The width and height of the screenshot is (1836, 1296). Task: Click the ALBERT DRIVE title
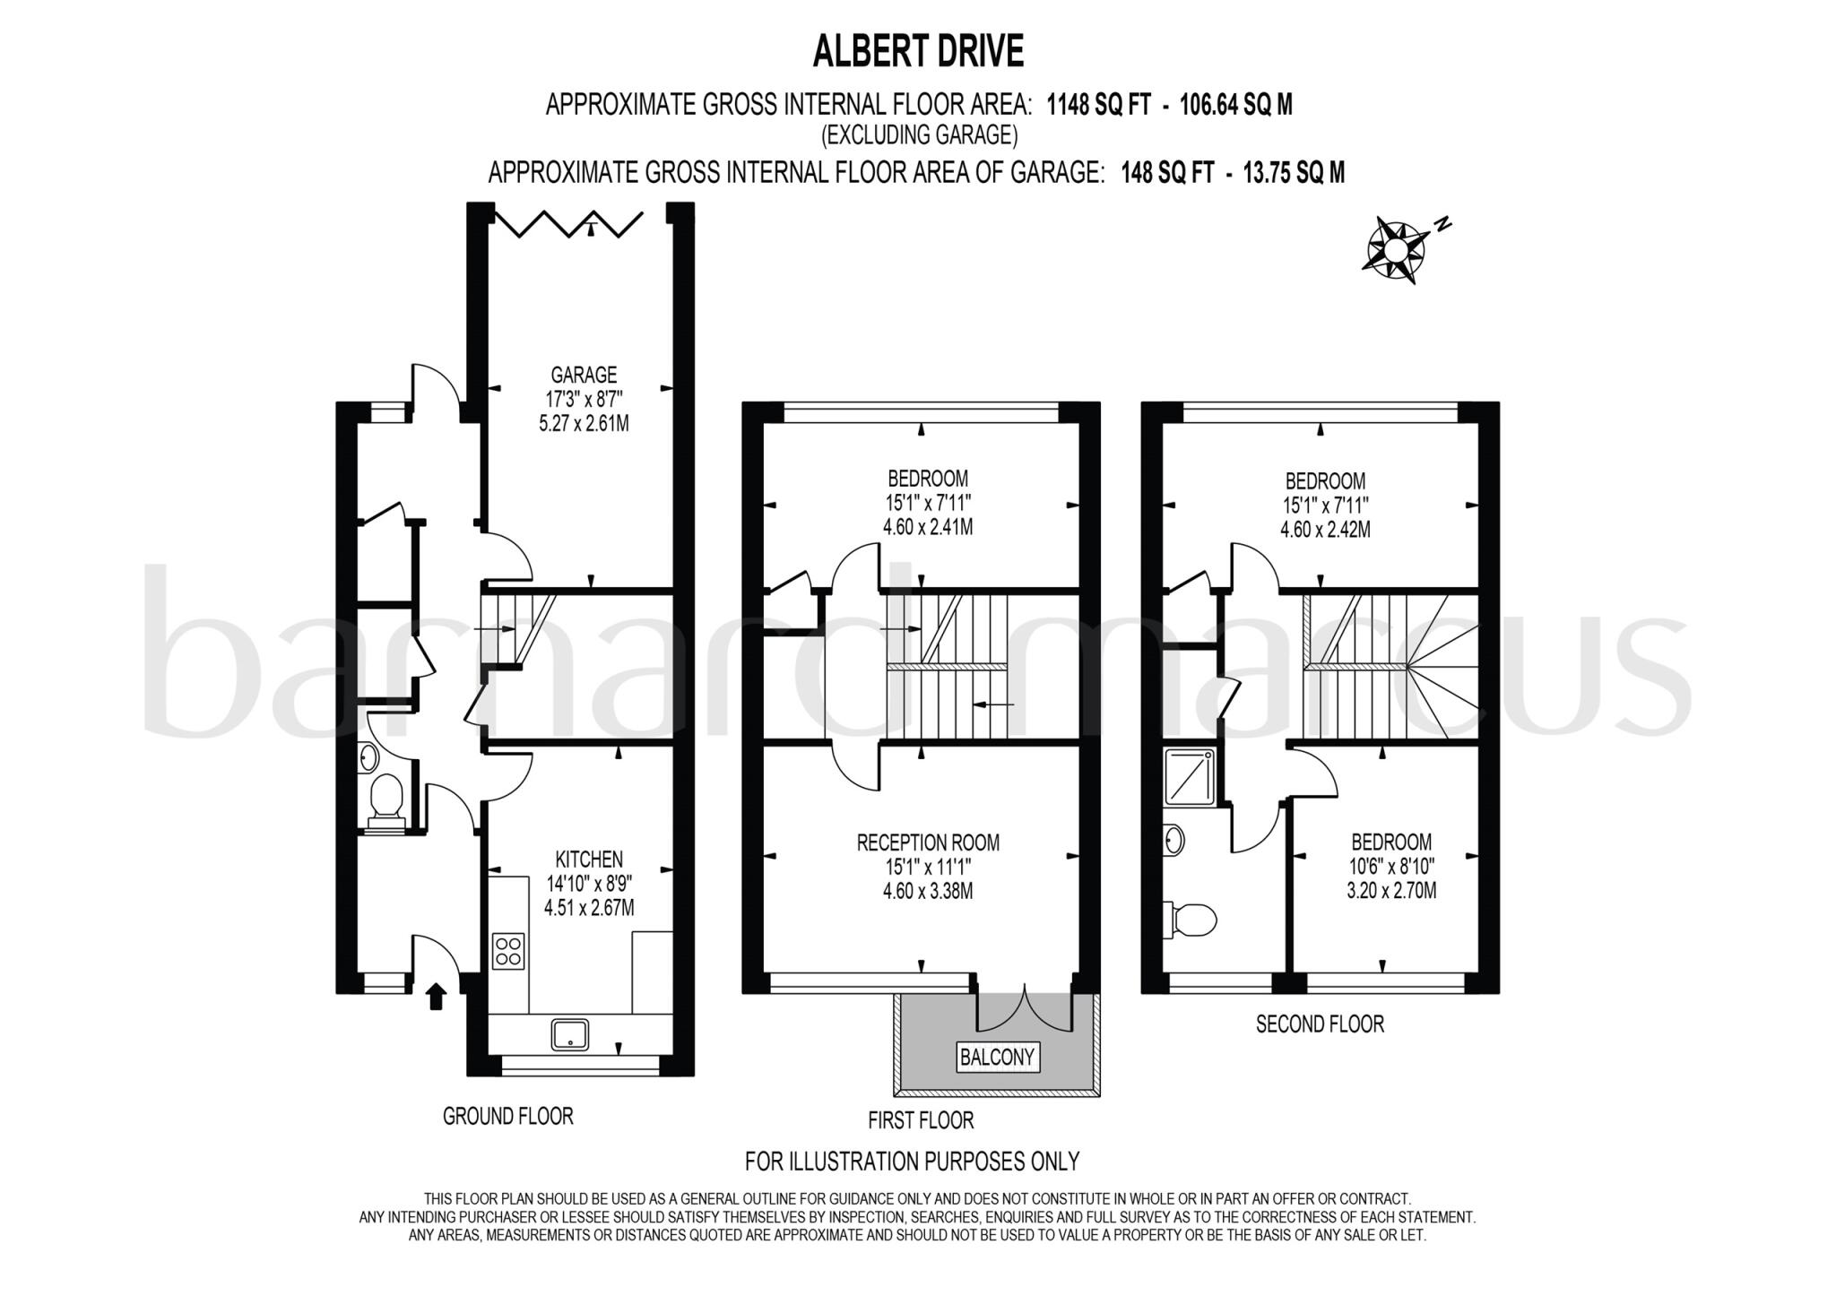(x=917, y=52)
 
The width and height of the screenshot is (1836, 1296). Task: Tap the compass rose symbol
(x=1396, y=248)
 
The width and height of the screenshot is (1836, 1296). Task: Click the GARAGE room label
(x=584, y=375)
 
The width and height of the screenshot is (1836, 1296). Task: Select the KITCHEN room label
(x=589, y=860)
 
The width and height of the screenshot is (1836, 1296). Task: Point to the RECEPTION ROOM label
(x=928, y=842)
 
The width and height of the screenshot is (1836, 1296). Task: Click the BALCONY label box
(x=997, y=1057)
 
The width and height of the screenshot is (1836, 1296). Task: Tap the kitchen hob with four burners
(x=508, y=952)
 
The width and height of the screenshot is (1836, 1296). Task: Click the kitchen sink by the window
(x=571, y=1035)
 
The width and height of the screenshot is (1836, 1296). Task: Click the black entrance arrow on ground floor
(x=437, y=997)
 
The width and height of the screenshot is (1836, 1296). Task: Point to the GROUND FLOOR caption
(x=507, y=1116)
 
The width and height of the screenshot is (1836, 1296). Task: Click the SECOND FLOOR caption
(x=1320, y=1024)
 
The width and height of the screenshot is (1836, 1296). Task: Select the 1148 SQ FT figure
(x=1098, y=106)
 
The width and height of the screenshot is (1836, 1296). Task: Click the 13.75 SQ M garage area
(x=1294, y=173)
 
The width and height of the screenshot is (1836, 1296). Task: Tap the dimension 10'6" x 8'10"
(x=1391, y=867)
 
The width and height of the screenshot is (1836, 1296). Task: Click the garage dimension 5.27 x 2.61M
(x=584, y=423)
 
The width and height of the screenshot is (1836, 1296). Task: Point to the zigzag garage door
(x=571, y=223)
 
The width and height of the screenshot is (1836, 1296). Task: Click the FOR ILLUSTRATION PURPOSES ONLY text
(x=912, y=1162)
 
